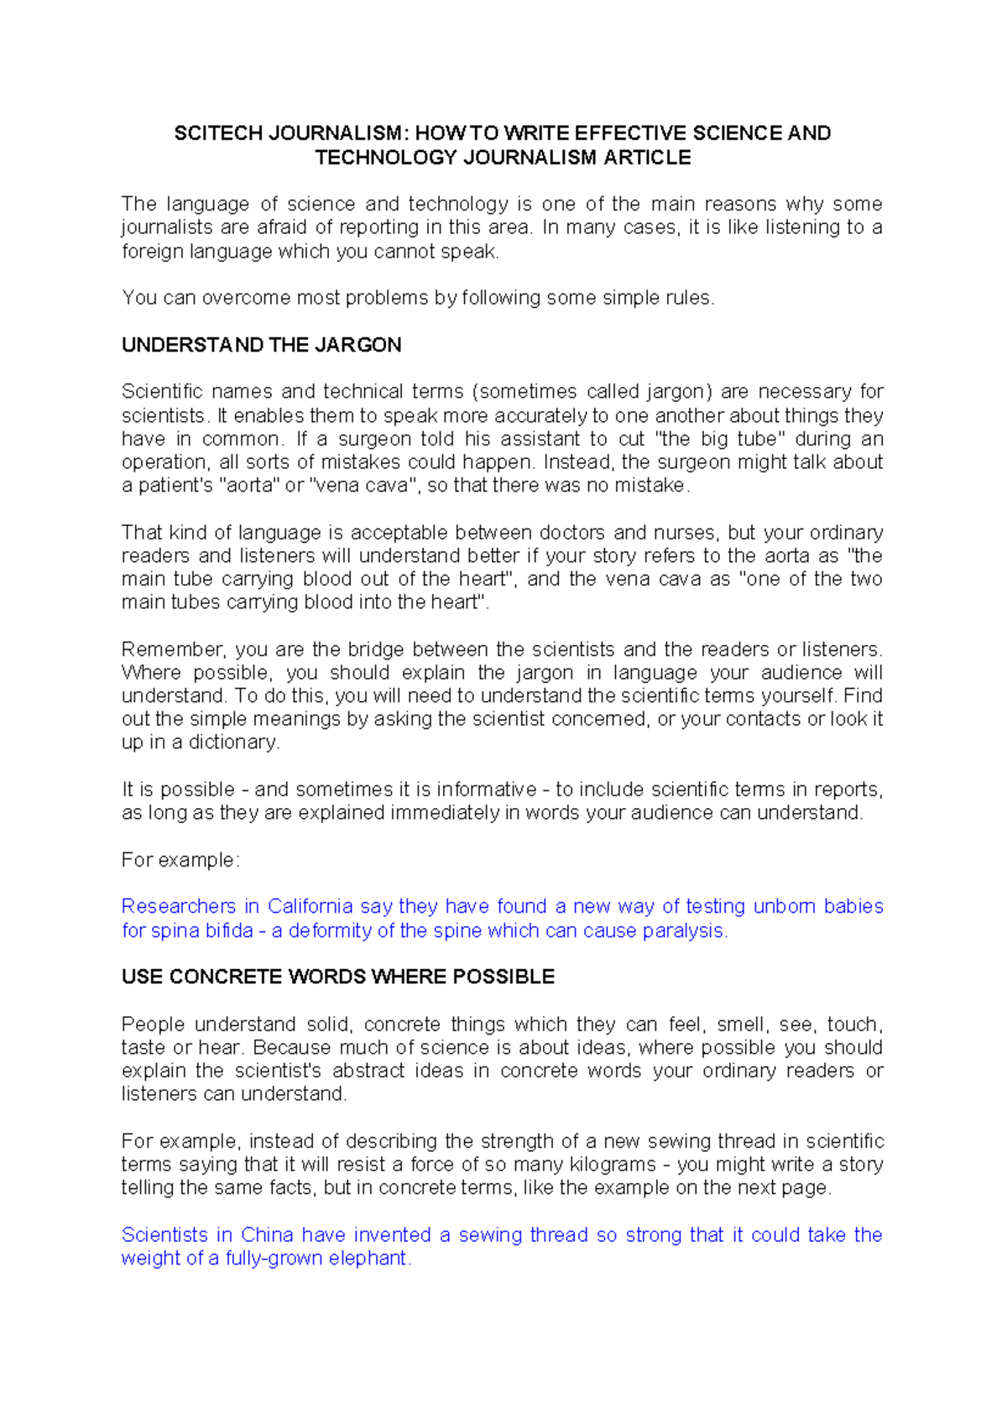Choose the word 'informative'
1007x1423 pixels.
[x=486, y=790]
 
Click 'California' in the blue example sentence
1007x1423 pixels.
[x=310, y=906]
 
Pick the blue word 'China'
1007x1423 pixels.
[x=266, y=1235]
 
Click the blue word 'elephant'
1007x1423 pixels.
[x=368, y=1259]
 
